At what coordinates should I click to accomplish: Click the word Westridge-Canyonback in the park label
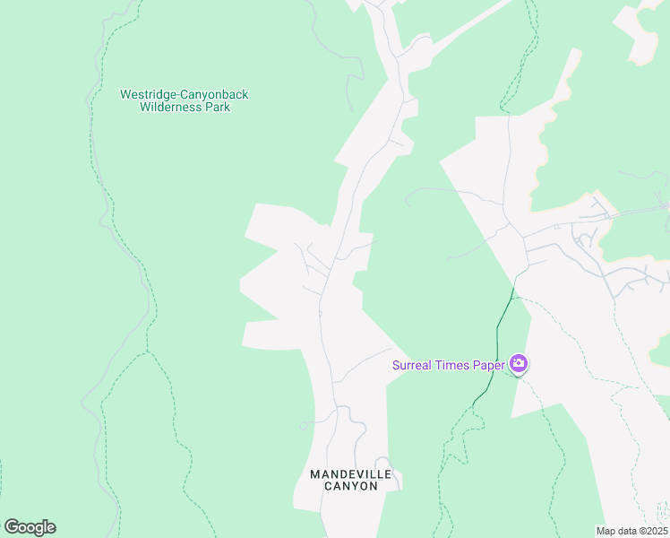(185, 94)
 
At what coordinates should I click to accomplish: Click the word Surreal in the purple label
(413, 365)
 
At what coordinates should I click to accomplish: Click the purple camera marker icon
(518, 364)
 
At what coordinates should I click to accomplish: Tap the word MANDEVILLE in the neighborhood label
(345, 473)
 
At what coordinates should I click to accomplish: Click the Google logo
(30, 527)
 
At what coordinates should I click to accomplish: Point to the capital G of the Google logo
(11, 527)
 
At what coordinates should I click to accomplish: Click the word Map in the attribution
(606, 532)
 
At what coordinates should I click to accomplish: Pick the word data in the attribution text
(626, 532)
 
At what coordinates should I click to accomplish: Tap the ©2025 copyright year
(654, 532)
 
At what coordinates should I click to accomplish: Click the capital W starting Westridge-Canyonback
(125, 94)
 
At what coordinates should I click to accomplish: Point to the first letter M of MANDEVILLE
(314, 473)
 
